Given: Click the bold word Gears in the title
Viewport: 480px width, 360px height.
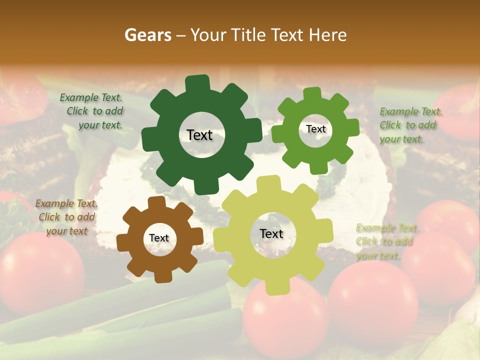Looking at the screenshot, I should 148,35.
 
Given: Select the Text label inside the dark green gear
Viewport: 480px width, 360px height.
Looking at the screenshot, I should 199,135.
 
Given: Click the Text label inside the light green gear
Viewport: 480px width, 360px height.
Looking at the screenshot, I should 315,129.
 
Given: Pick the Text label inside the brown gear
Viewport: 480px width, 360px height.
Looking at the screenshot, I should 159,238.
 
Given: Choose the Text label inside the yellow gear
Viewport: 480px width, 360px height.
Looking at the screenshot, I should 271,233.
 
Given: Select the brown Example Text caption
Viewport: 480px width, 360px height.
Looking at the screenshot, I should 66,217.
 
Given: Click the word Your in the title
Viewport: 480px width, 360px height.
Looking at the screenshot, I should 209,35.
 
